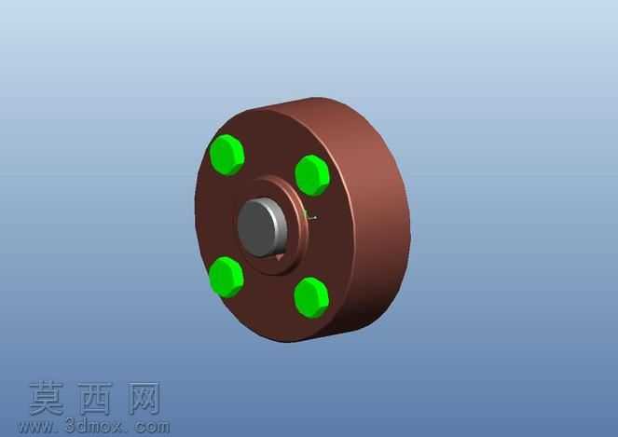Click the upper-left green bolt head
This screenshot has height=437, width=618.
[x=227, y=155]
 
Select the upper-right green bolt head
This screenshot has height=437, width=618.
[x=312, y=175]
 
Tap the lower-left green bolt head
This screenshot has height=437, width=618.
[x=227, y=277]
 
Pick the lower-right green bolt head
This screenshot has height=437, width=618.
[x=311, y=298]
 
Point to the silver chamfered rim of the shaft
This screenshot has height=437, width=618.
[x=282, y=225]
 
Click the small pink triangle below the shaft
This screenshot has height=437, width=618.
[x=280, y=257]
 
